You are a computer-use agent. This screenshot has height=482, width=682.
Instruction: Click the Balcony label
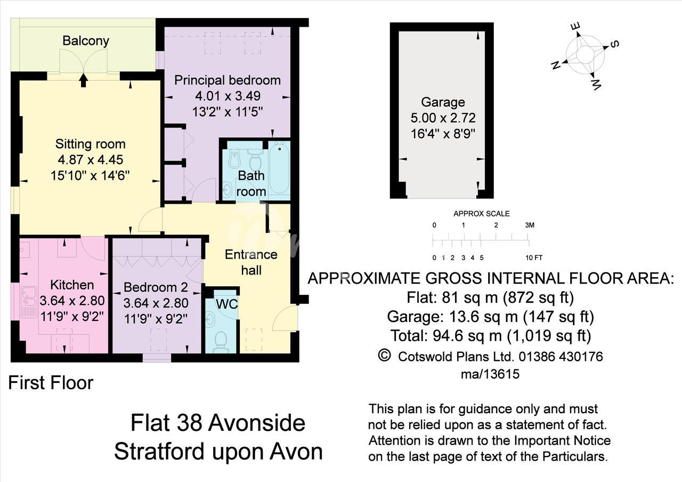[x=86, y=41]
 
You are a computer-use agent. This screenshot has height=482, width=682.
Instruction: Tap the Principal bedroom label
[x=228, y=81]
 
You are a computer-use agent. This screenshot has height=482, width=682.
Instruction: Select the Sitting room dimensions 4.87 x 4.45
[x=91, y=159]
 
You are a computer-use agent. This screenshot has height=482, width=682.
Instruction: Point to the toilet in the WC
[x=221, y=342]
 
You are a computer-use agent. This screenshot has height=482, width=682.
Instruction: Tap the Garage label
[x=443, y=102]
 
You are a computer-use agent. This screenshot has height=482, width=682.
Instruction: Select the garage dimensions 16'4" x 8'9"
[x=443, y=134]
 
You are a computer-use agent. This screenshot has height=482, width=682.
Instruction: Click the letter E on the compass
[x=577, y=27]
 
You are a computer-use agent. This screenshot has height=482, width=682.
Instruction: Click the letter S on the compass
[x=614, y=44]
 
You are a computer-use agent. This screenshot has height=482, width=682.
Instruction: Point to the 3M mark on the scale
[x=530, y=225]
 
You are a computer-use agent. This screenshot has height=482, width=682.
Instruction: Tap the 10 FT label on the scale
[x=534, y=258]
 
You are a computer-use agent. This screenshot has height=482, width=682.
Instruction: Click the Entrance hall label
[x=251, y=262]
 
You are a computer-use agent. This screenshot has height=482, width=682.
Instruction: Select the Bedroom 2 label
[x=156, y=287]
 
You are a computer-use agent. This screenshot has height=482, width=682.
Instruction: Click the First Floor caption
[x=51, y=383]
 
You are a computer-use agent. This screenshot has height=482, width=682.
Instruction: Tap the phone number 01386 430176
[x=561, y=357]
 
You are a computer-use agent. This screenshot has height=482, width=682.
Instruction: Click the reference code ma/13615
[x=490, y=374]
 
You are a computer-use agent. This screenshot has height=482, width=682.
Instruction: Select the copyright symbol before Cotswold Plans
[x=384, y=355]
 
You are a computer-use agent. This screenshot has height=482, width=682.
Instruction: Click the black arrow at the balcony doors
[x=84, y=81]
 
